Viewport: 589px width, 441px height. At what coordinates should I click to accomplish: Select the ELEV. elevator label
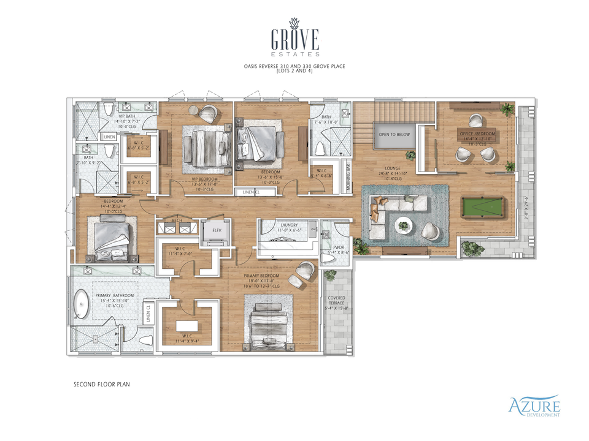pos(217,230)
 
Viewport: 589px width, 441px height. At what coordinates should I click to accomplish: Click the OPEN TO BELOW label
pos(394,134)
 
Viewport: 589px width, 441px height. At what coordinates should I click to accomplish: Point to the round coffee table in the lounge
pos(404,225)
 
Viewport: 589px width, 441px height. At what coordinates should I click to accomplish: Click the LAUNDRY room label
pos(289,225)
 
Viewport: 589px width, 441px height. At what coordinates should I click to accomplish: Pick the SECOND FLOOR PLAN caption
pos(101,385)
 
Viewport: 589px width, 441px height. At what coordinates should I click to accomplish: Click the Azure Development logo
pos(533,406)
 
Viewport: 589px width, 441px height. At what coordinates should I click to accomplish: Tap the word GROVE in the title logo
pos(294,40)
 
